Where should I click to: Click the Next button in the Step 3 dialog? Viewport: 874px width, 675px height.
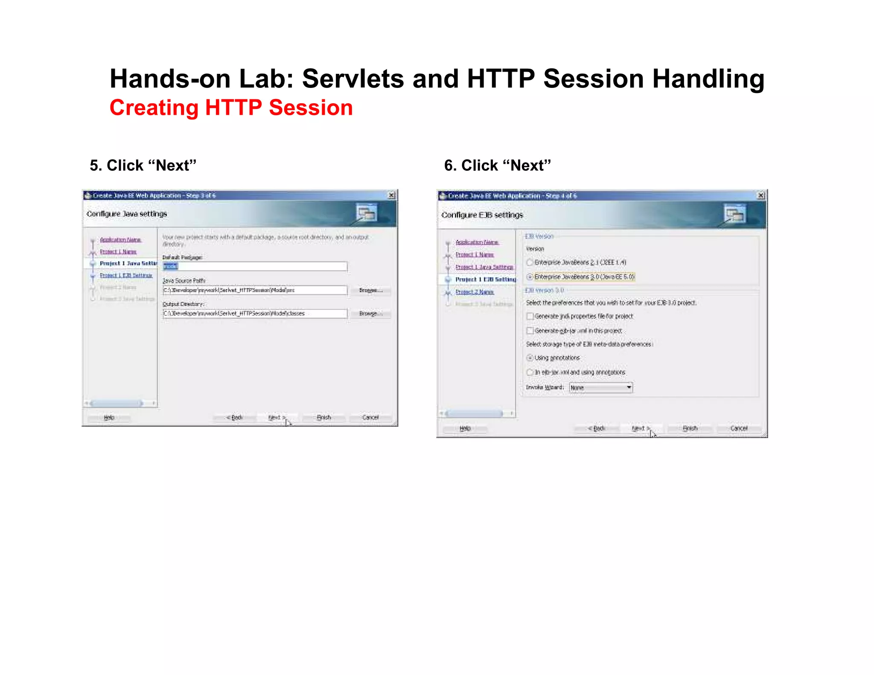click(277, 417)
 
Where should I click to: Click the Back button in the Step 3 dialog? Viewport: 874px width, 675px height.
click(235, 417)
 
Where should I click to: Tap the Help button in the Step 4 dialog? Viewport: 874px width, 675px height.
click(465, 428)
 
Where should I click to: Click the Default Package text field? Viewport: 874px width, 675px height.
click(255, 266)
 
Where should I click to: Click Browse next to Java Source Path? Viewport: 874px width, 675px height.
click(370, 290)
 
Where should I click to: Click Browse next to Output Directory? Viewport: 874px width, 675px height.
click(370, 314)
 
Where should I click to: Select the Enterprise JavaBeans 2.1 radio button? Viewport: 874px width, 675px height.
click(530, 262)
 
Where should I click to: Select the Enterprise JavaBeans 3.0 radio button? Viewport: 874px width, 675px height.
click(530, 277)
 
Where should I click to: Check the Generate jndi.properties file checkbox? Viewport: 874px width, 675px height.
click(530, 316)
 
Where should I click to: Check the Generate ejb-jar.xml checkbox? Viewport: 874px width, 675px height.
click(530, 331)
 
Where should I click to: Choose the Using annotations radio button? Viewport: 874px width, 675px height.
click(530, 358)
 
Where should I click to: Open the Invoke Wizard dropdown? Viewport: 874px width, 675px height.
click(629, 387)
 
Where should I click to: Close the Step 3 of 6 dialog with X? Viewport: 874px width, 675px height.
click(391, 195)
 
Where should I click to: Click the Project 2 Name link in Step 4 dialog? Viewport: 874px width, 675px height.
click(475, 292)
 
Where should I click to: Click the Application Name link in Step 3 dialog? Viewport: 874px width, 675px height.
click(120, 240)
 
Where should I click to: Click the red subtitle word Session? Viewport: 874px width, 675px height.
click(311, 108)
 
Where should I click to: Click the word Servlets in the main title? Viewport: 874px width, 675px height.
click(353, 79)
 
